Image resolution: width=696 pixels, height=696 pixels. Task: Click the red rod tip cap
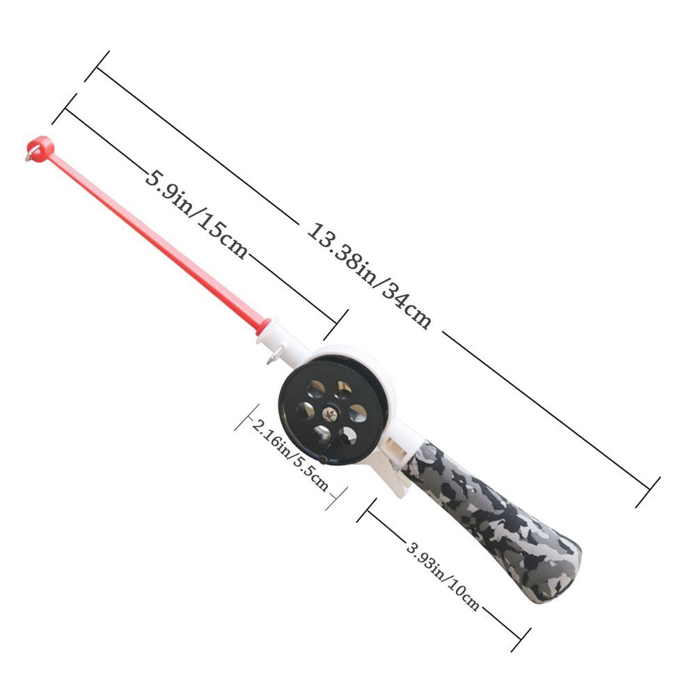click(42, 148)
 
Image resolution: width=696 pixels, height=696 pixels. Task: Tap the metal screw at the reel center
click(332, 414)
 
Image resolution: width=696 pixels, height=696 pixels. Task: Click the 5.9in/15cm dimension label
click(196, 213)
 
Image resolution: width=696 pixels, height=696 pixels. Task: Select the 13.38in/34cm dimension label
click(370, 276)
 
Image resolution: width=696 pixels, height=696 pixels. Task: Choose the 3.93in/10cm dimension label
click(443, 576)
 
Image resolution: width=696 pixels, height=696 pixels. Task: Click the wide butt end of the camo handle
click(557, 574)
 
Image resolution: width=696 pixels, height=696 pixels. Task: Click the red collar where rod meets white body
click(263, 326)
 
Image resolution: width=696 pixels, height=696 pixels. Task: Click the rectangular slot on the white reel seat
click(396, 443)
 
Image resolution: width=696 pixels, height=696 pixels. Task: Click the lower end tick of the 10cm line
click(521, 639)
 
